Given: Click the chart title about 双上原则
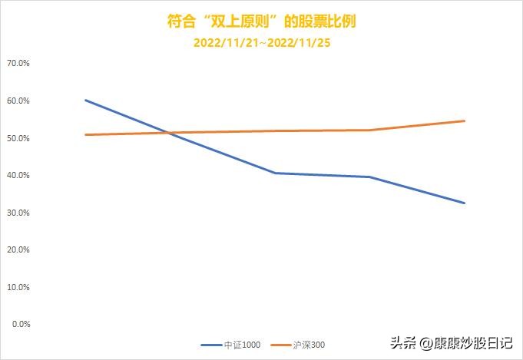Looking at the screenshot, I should pos(261,21).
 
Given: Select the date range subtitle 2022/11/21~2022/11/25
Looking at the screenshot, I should pos(261,44).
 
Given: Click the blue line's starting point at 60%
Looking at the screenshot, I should pos(85,100).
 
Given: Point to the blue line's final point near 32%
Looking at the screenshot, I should pos(465,203).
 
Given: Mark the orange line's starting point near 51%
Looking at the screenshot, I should pos(85,135).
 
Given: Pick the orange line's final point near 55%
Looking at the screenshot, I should pos(465,121).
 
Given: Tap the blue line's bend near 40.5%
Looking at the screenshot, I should pos(275,173).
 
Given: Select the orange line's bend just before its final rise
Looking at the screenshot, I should pos(370,130).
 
